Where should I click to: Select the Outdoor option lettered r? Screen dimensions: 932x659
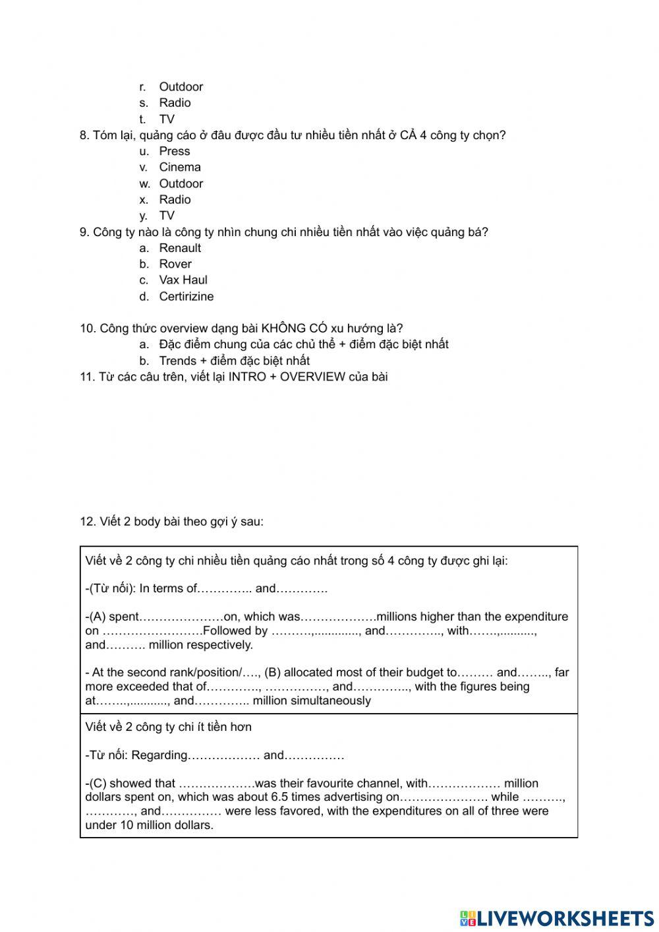pos(181,87)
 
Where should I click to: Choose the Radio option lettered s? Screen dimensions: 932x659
pos(175,103)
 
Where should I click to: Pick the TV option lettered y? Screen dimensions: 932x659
pos(167,216)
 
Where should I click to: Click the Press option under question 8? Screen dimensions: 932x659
pos(174,151)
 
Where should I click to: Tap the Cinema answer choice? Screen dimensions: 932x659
pos(179,168)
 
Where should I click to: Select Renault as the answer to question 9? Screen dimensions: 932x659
pos(180,248)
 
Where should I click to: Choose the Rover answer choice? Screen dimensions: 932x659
pos(175,264)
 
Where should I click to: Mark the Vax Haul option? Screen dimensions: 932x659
pos(183,280)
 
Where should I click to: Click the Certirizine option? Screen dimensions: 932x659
pos(186,297)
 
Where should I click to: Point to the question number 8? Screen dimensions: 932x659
pos(84,135)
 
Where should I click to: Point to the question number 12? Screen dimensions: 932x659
pos(87,522)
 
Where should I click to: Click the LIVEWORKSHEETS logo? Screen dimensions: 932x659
pos(557,917)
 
